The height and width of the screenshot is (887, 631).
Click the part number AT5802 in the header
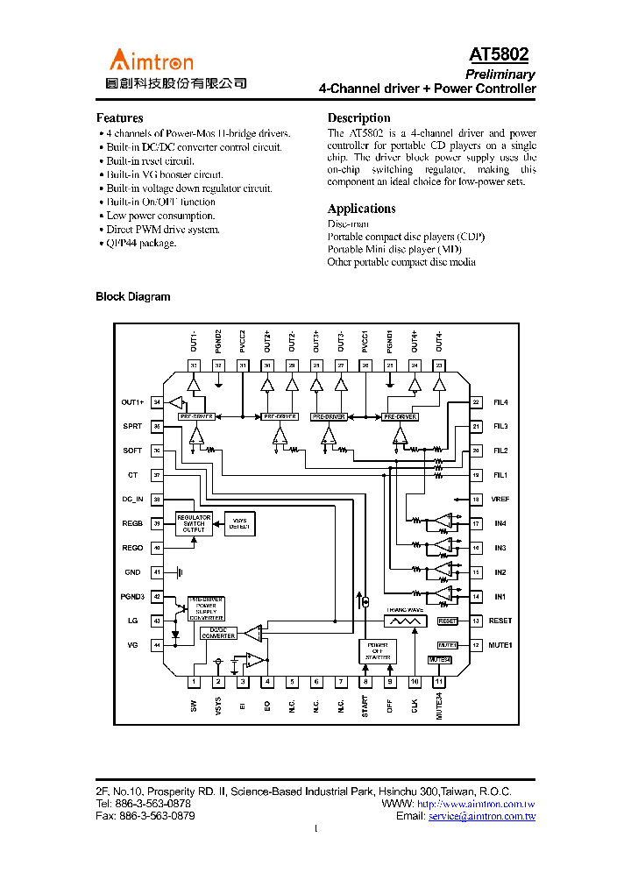coord(500,55)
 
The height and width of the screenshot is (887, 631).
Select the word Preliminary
coord(500,75)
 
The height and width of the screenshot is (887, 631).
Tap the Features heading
coord(119,118)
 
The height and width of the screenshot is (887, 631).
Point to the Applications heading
coord(361,209)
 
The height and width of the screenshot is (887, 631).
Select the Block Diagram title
coord(132,297)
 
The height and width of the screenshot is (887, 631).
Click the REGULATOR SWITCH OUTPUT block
coord(194,523)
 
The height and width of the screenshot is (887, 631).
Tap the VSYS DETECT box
coord(239,523)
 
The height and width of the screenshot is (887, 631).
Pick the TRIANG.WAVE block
coord(404,619)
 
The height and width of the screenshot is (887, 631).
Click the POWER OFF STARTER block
coord(377,650)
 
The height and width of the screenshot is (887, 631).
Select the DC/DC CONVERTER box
coord(217,633)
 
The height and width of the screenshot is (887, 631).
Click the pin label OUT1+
coord(132,402)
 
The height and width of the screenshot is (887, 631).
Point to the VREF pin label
coord(500,500)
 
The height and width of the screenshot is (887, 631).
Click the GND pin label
coord(132,572)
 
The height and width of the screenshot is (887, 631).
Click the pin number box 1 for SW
coord(194,681)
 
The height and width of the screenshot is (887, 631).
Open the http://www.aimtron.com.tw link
coord(476,804)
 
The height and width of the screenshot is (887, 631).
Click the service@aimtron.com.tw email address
coord(481,816)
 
